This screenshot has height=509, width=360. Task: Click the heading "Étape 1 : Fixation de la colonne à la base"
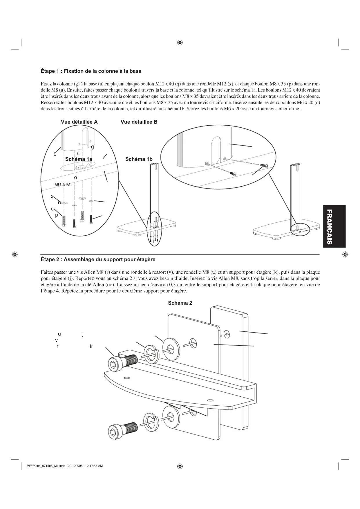[91, 71]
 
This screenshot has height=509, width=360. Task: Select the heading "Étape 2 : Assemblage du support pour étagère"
[98, 259]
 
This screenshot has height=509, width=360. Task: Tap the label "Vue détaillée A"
[79, 122]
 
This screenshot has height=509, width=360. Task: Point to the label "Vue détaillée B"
[139, 122]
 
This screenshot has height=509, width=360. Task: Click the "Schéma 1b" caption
[139, 159]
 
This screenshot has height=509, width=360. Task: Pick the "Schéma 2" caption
[180, 303]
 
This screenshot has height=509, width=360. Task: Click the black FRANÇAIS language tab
[334, 226]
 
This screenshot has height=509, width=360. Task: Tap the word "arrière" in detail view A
[62, 184]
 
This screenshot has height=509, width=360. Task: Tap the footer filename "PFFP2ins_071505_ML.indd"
[46, 466]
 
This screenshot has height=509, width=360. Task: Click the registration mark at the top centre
[180, 43]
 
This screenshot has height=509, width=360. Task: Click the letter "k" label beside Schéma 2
[91, 346]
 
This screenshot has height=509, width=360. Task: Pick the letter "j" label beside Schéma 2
[83, 334]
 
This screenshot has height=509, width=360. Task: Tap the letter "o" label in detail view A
[75, 177]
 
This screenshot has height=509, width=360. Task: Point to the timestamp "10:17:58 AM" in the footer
[94, 466]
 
